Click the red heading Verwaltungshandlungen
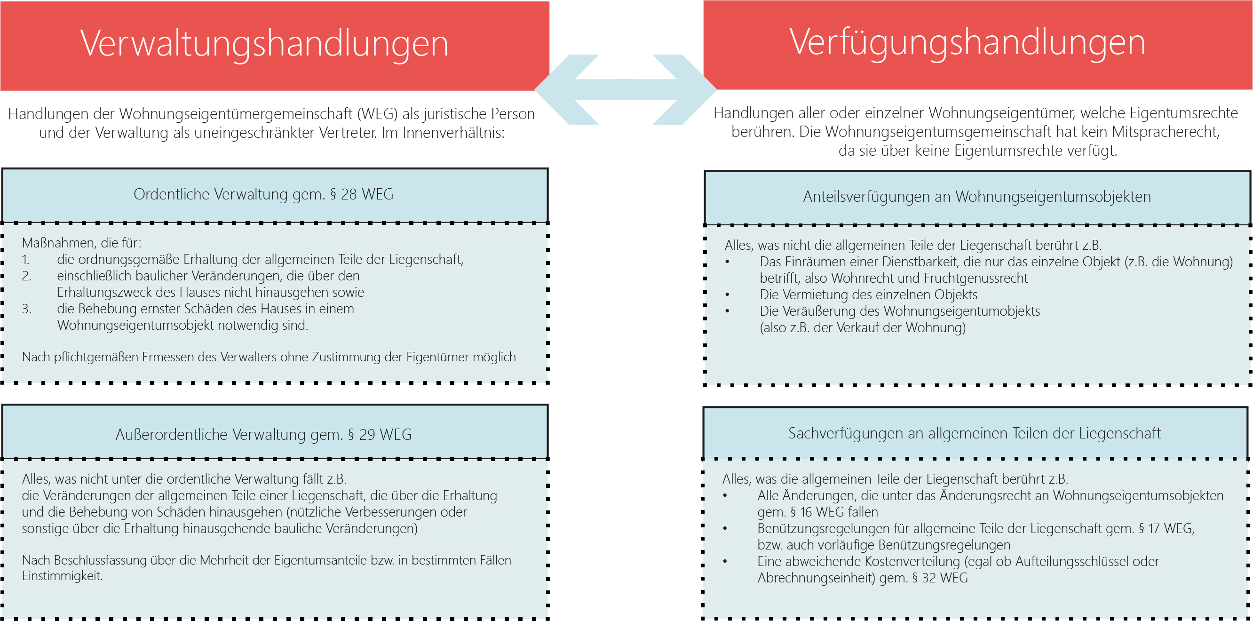click(264, 44)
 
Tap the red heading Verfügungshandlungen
click(967, 43)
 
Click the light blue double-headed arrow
click(626, 89)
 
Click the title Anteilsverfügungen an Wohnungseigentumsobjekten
click(977, 197)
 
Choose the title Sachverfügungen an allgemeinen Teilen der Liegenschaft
click(974, 433)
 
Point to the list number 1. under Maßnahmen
click(26, 260)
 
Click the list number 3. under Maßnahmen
click(27, 309)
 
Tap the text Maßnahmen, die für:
click(82, 243)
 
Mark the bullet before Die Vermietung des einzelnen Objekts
click(727, 295)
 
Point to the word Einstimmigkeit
click(62, 576)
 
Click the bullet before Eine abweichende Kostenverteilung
click(725, 562)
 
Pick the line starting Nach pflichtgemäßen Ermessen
click(269, 357)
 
